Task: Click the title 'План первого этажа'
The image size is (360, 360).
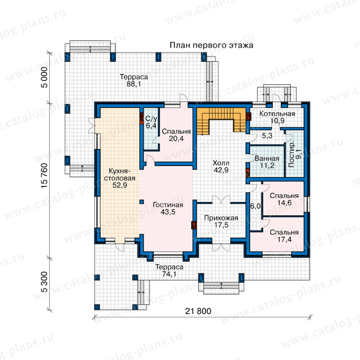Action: [212, 45]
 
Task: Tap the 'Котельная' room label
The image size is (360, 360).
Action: [277, 114]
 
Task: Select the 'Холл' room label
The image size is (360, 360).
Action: [221, 163]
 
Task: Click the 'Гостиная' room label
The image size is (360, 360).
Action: [168, 205]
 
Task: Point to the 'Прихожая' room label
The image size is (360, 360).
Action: [221, 218]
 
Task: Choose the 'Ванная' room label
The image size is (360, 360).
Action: [267, 159]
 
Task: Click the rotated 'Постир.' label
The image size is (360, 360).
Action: [291, 154]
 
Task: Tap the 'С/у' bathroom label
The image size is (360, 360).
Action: [151, 119]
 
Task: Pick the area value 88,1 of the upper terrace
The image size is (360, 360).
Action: [134, 84]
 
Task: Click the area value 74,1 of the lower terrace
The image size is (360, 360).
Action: [169, 274]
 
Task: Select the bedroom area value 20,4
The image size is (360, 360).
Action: [177, 138]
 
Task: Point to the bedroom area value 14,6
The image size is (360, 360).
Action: [284, 202]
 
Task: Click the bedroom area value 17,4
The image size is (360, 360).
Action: [284, 239]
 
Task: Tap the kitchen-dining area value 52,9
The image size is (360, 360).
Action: [119, 185]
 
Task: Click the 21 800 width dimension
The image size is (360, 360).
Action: [198, 311]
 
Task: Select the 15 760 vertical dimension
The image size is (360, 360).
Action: [44, 175]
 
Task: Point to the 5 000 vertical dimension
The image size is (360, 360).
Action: [44, 77]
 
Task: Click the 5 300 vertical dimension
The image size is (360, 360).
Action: [44, 282]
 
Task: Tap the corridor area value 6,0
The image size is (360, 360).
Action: [256, 207]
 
